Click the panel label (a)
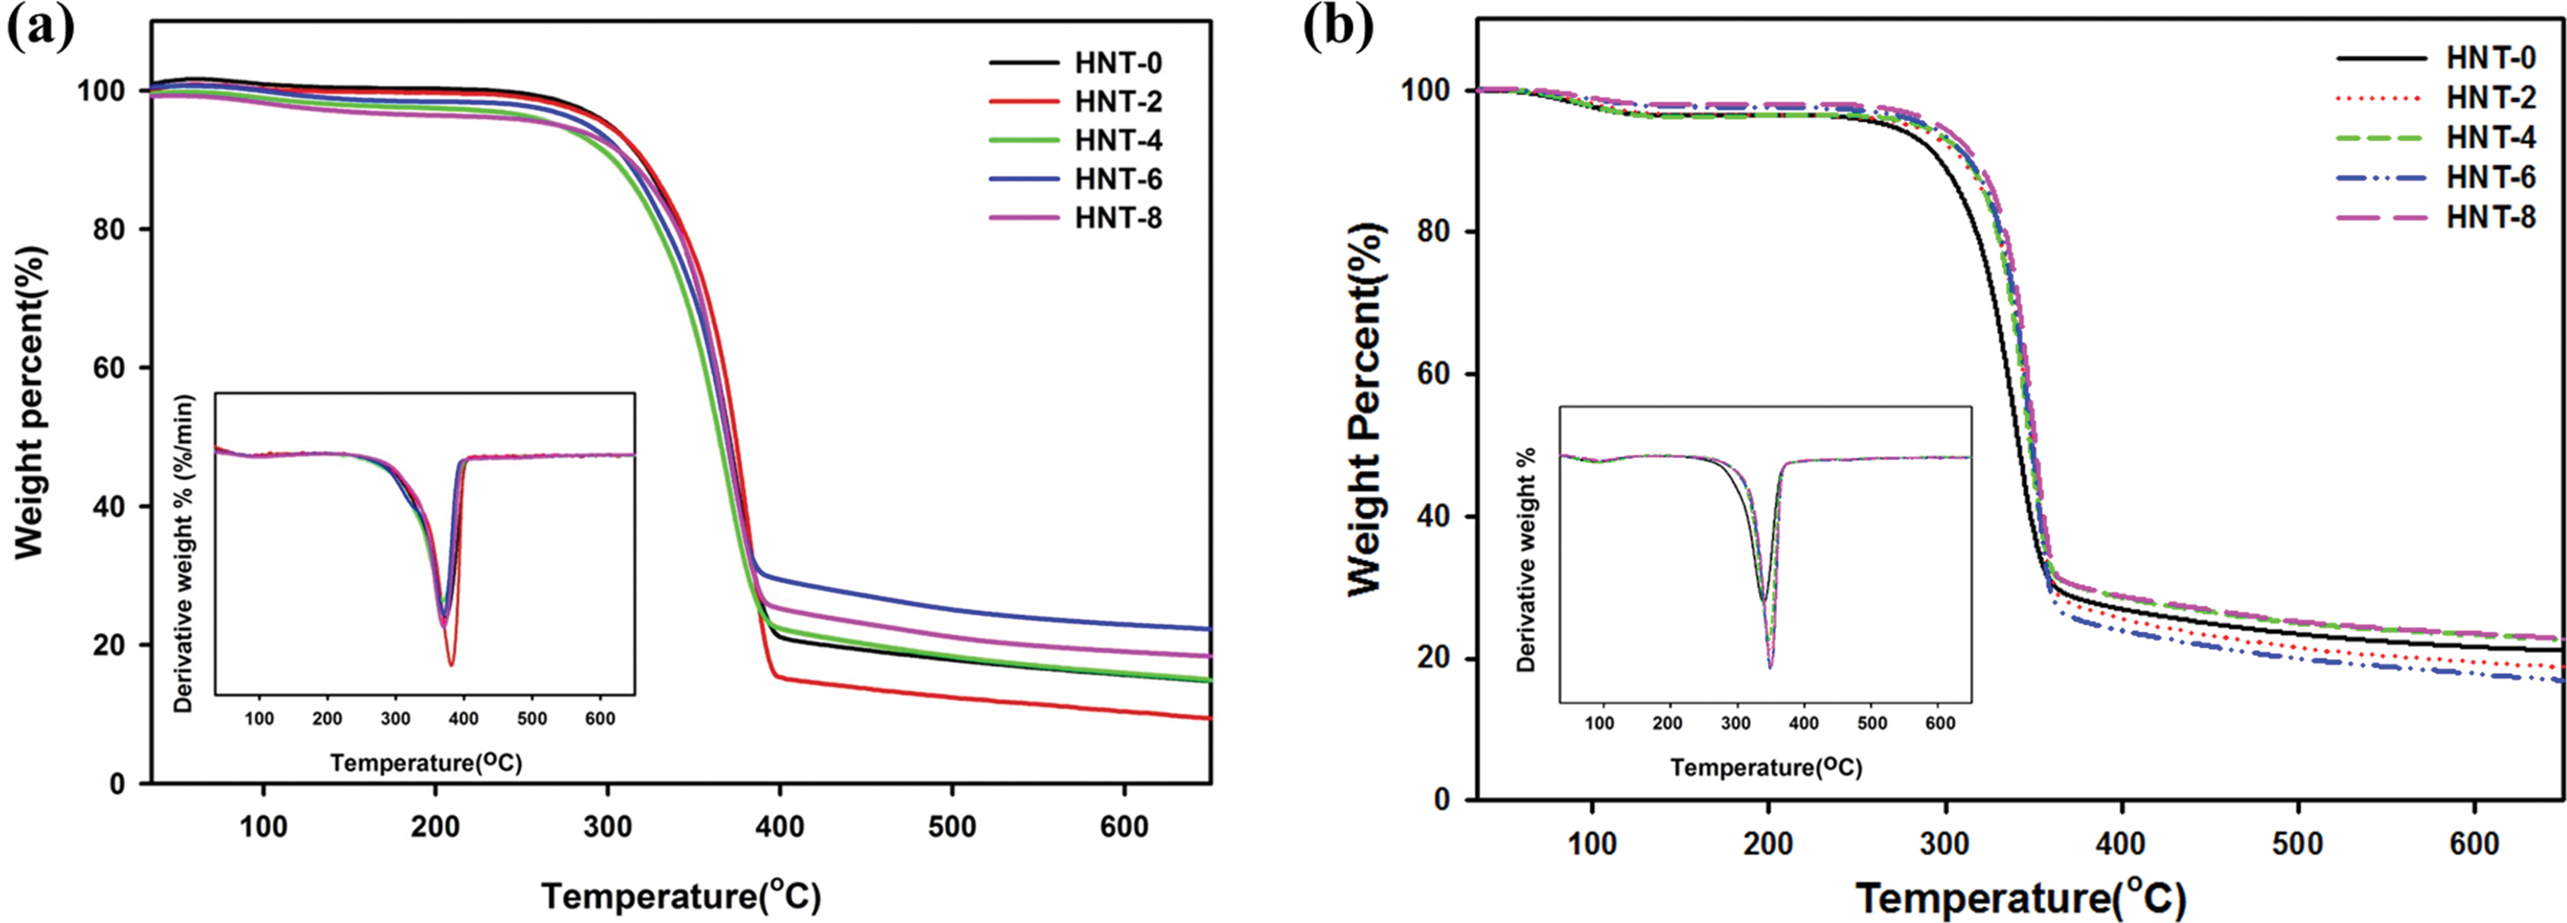click(40, 30)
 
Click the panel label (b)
click(1338, 30)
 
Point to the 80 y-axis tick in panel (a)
click(115, 229)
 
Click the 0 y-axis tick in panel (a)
click(117, 785)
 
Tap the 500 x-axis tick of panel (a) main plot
click(952, 827)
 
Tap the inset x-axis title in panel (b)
click(1767, 768)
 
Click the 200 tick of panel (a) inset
click(327, 719)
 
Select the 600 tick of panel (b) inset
click(1939, 723)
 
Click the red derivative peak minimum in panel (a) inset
click(451, 664)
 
